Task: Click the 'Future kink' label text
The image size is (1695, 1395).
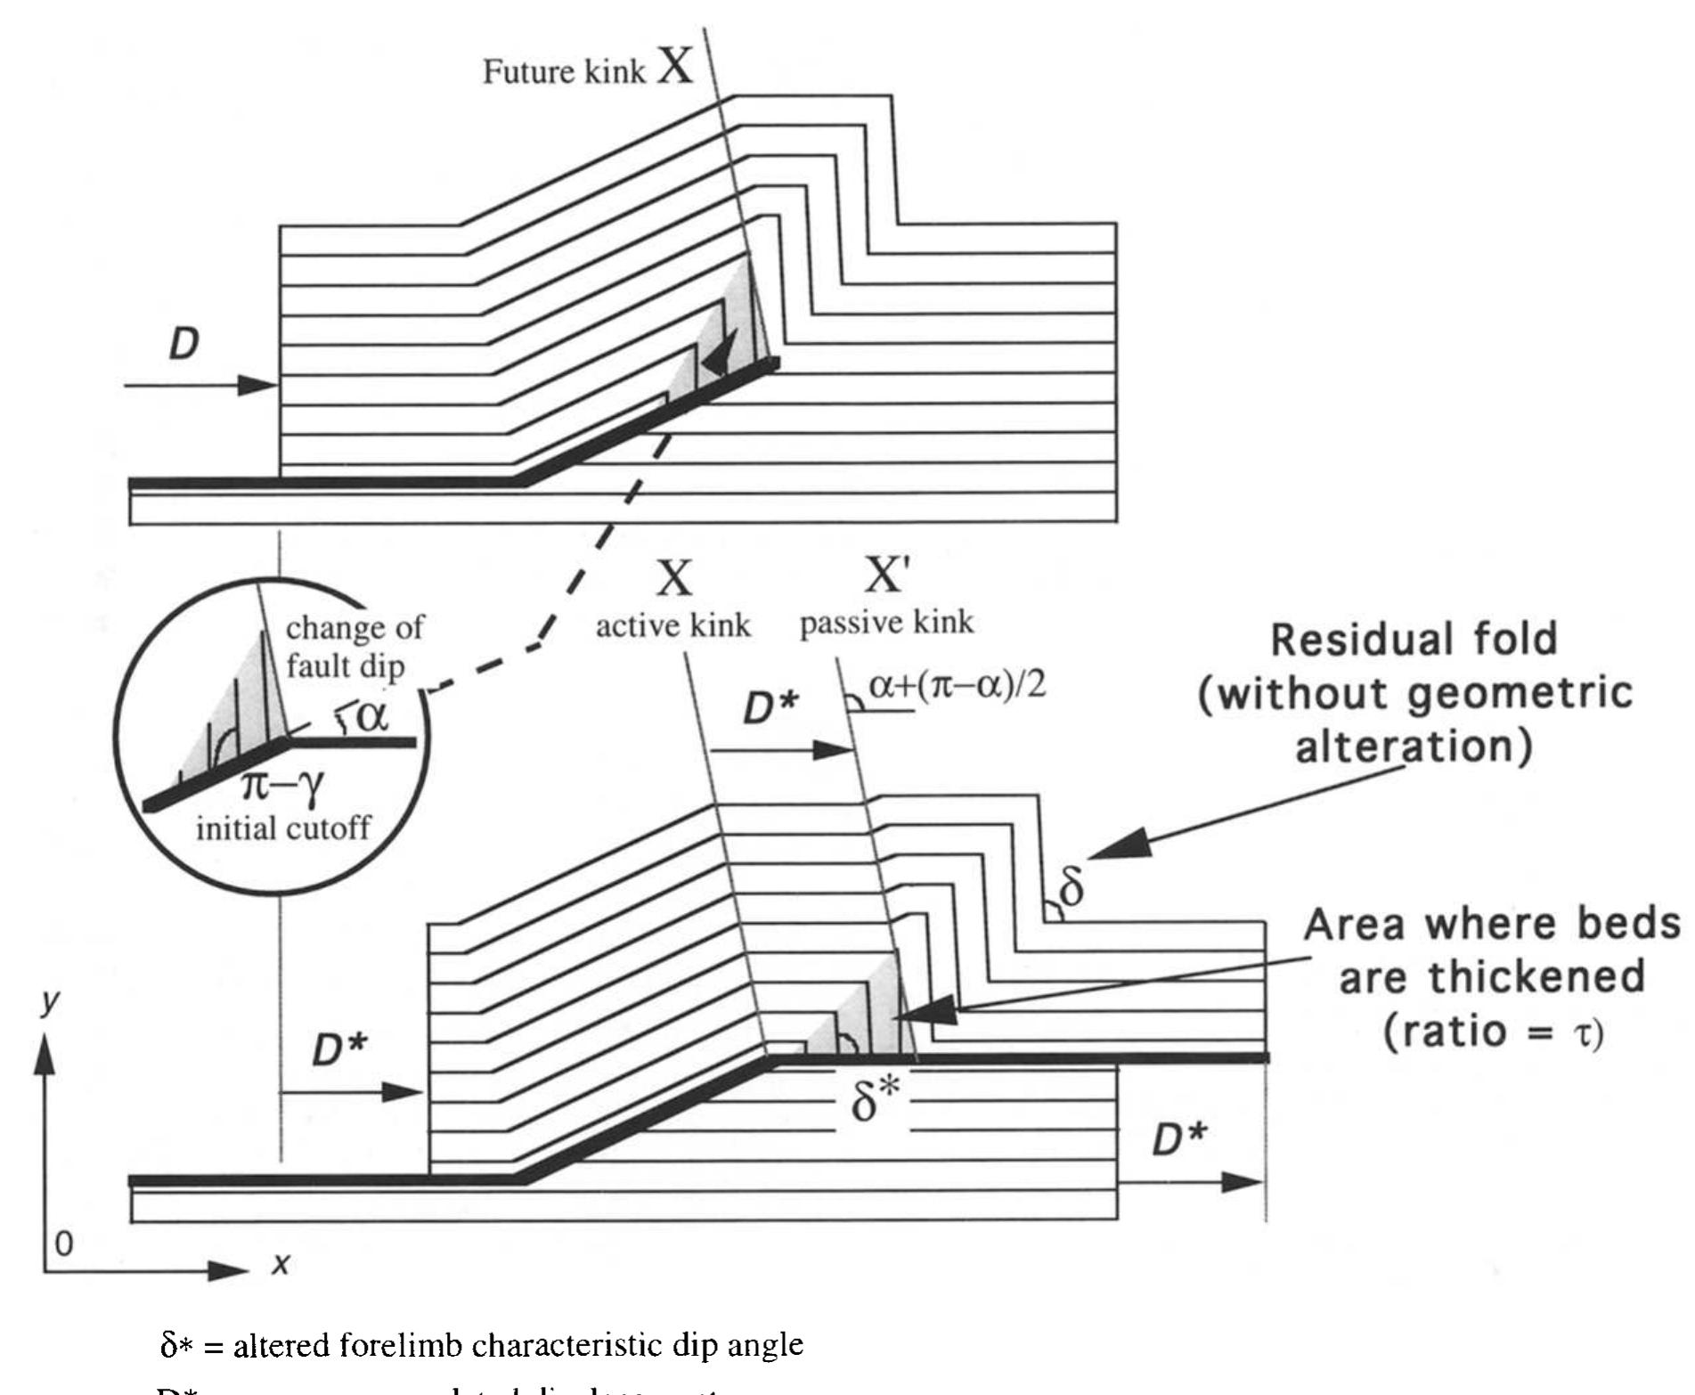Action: click(563, 72)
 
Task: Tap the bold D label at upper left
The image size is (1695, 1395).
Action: click(183, 345)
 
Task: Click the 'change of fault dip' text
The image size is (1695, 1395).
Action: click(354, 646)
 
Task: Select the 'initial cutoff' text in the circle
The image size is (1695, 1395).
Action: click(282, 829)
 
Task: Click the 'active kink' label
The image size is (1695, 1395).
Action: click(672, 625)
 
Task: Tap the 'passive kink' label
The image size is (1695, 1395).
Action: click(886, 622)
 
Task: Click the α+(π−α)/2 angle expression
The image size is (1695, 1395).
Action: click(956, 688)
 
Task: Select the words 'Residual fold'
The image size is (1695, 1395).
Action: click(1414, 640)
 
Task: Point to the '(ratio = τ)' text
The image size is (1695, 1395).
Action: click(1493, 1032)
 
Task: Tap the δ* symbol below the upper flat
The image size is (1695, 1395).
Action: click(872, 1105)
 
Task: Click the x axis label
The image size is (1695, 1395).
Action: click(281, 1263)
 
